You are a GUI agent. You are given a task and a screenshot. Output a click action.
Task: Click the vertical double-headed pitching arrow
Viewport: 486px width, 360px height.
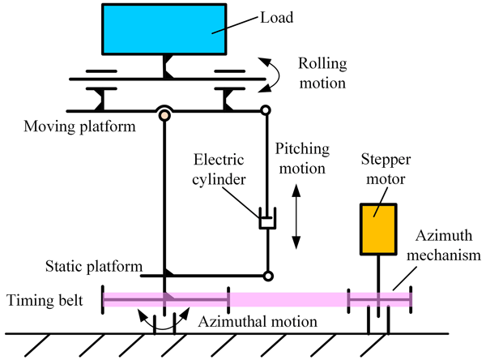[x=296, y=218]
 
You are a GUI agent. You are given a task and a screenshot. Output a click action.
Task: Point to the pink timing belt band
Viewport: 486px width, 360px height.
[x=283, y=299]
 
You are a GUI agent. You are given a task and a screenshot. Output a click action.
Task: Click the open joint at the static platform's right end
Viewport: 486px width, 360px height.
[x=268, y=276]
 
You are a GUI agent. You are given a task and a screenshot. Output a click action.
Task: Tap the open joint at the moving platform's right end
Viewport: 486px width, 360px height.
[x=265, y=111]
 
